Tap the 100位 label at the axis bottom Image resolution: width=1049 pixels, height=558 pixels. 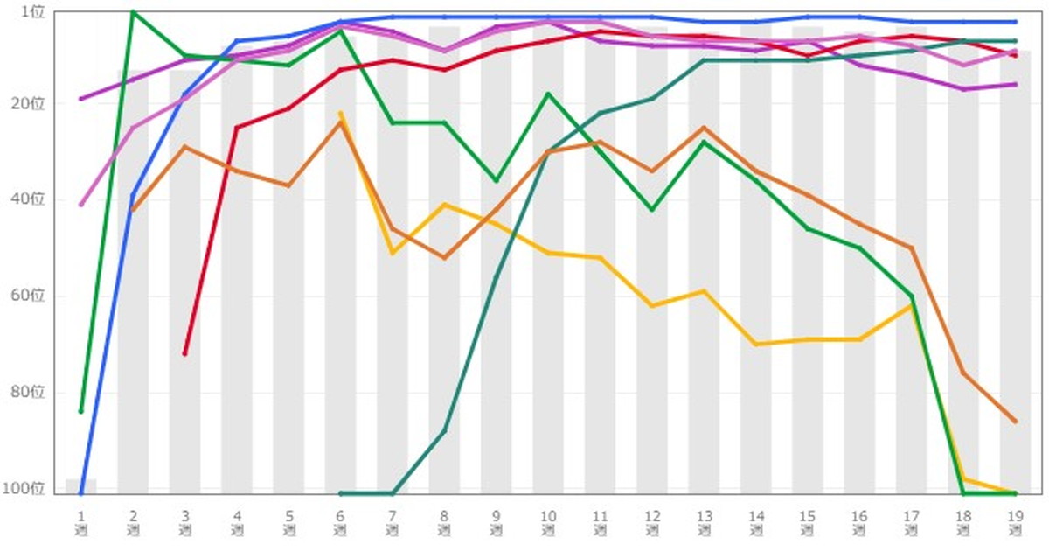tap(30, 488)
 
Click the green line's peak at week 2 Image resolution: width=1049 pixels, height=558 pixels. tap(133, 11)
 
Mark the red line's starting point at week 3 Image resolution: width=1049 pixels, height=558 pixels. tap(184, 353)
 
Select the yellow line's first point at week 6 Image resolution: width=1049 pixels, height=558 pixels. tap(340, 113)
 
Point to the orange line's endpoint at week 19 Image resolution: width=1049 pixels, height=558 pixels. tap(1015, 422)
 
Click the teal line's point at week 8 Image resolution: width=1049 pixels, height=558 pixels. tap(444, 430)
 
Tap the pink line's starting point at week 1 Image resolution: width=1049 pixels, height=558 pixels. tap(81, 205)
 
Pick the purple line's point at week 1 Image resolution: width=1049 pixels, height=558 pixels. tap(81, 99)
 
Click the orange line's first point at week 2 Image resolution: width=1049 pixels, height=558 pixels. tap(133, 210)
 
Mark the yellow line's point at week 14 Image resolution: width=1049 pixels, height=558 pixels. tap(755, 345)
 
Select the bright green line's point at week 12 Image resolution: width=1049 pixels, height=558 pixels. tap(652, 210)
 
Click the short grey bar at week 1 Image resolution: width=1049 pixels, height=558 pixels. tap(81, 485)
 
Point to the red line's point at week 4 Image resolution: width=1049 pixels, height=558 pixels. tap(236, 128)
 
